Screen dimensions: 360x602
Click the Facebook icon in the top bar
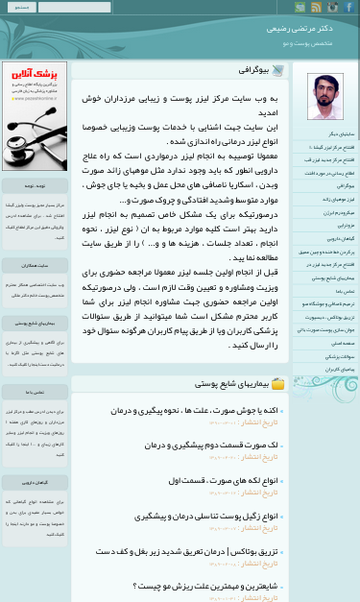[x=349, y=7]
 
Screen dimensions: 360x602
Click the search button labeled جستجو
[x=21, y=7]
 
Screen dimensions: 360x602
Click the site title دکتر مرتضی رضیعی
[x=307, y=29]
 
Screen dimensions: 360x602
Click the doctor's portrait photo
[x=324, y=96]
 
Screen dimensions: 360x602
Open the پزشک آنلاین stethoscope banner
[x=35, y=115]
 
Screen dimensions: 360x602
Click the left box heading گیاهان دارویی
[x=35, y=481]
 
